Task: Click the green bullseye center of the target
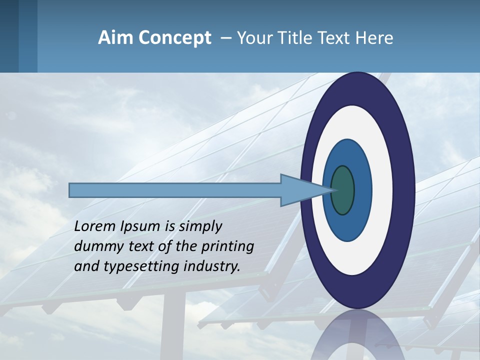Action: [x=343, y=190]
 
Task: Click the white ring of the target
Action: [x=382, y=190]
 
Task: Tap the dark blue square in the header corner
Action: [x=9, y=36]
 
